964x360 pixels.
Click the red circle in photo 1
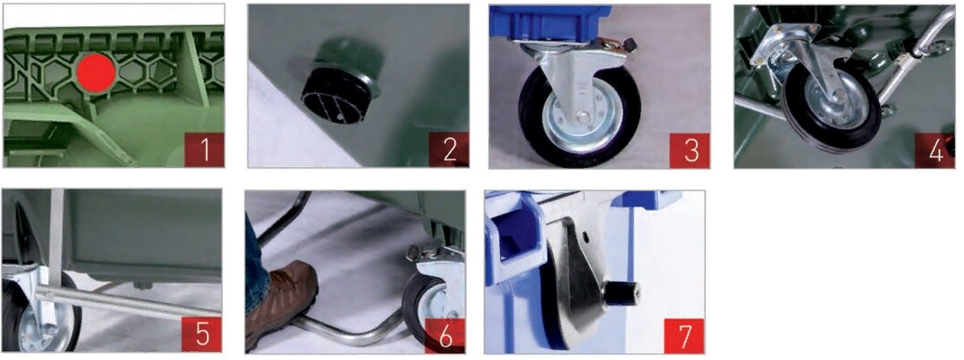click(x=96, y=72)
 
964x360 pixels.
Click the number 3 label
click(x=691, y=151)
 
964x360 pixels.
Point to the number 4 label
click(x=935, y=151)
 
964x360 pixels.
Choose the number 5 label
click(x=201, y=335)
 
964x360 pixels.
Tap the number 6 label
click(x=444, y=336)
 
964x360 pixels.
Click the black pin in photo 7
click(x=621, y=293)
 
